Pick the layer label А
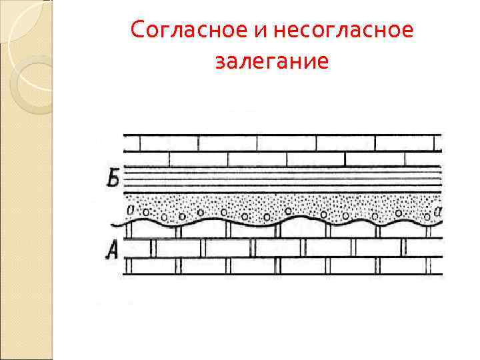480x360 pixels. pos(112,250)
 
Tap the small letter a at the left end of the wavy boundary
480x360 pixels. pos(130,211)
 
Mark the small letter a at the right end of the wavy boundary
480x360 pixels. pos(437,211)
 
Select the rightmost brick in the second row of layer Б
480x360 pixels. pos(423,159)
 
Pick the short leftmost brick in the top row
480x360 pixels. pos(131,143)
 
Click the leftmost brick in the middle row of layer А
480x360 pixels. pos(138,248)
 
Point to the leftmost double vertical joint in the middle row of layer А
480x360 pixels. pos(153,248)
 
